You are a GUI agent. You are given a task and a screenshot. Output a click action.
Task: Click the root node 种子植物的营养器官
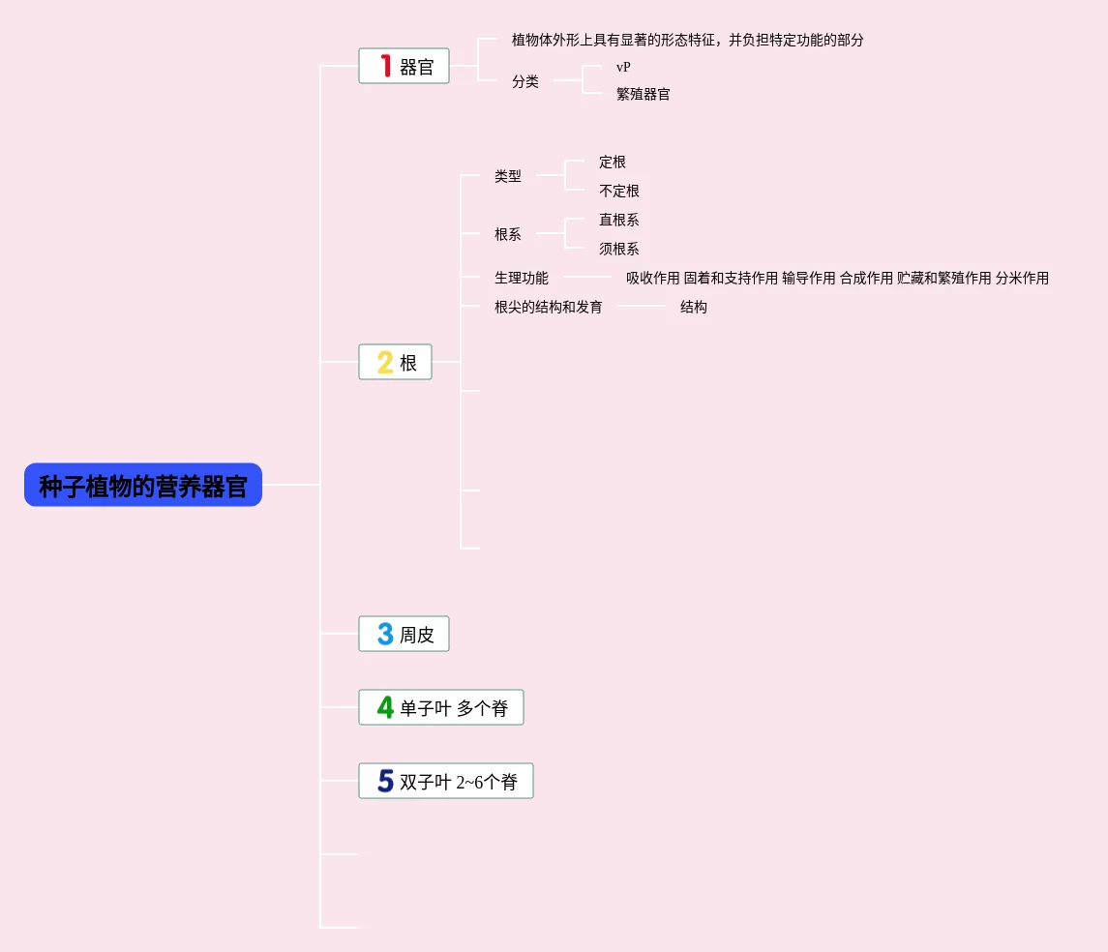(143, 485)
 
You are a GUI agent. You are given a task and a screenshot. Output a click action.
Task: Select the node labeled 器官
(417, 67)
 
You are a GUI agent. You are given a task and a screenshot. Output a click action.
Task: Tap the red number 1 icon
(385, 66)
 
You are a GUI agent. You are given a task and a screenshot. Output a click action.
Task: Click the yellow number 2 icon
(385, 363)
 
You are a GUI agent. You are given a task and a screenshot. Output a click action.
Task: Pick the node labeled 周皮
(417, 635)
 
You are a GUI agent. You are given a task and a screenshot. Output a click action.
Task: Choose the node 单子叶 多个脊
(454, 708)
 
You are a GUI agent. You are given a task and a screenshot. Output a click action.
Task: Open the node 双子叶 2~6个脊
(459, 782)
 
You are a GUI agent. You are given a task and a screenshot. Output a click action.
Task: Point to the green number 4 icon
(385, 707)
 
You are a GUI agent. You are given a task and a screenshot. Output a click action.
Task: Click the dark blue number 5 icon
(385, 781)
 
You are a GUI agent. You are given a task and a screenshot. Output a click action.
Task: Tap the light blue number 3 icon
(385, 634)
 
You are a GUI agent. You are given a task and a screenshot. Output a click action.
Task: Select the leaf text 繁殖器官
(644, 95)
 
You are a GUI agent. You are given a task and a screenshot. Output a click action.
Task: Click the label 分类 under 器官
(525, 82)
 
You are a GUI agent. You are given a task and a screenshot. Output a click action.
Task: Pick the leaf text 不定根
(619, 192)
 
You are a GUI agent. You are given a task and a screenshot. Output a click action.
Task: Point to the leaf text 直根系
(619, 221)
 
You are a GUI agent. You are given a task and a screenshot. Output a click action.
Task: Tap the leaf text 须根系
(619, 250)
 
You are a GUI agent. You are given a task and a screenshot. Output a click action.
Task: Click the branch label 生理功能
(522, 279)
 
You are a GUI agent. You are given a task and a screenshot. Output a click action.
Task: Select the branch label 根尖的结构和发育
(549, 308)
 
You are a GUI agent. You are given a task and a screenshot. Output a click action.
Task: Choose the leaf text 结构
(694, 308)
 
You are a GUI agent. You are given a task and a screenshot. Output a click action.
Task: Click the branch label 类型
(508, 177)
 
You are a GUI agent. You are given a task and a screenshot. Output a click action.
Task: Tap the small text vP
(623, 68)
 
